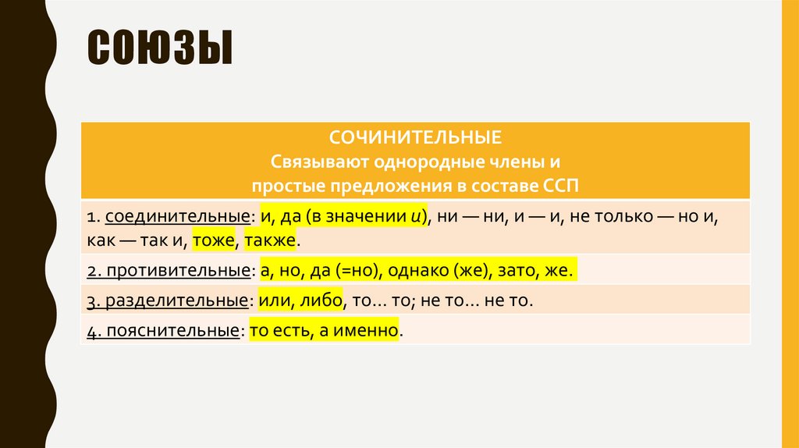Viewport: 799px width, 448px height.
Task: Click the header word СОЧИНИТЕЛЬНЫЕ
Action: click(415, 138)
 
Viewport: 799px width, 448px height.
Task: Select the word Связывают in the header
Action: click(309, 162)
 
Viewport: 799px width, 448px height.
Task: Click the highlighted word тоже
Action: click(215, 240)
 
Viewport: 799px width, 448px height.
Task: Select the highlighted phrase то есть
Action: click(276, 330)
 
